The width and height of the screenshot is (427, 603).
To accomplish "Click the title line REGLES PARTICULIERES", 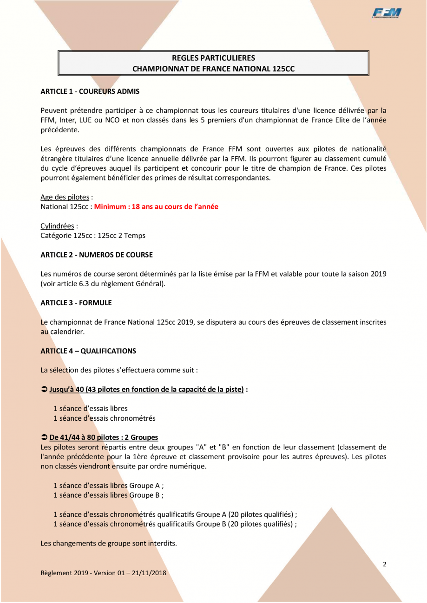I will [x=213, y=58].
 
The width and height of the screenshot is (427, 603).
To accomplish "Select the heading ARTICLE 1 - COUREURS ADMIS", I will [x=90, y=91].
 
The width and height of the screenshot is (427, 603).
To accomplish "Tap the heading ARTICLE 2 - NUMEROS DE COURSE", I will [x=96, y=255].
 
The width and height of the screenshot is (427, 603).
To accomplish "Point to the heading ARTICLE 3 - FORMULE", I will [x=76, y=302].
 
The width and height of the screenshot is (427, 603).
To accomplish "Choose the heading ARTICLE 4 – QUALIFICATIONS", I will [x=88, y=351].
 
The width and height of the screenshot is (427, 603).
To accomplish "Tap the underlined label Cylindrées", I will [x=57, y=226].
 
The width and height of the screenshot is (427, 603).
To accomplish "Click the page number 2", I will [x=384, y=565].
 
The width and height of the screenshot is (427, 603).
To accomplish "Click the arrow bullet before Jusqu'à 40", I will [x=44, y=390].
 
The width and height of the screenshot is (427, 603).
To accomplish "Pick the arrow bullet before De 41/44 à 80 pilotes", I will [x=44, y=437].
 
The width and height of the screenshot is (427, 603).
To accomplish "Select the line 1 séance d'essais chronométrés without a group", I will [x=104, y=418].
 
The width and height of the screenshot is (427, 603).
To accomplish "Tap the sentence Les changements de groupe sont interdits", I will [x=109, y=543].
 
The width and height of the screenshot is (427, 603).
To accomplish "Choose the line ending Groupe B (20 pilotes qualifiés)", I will [x=175, y=524].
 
